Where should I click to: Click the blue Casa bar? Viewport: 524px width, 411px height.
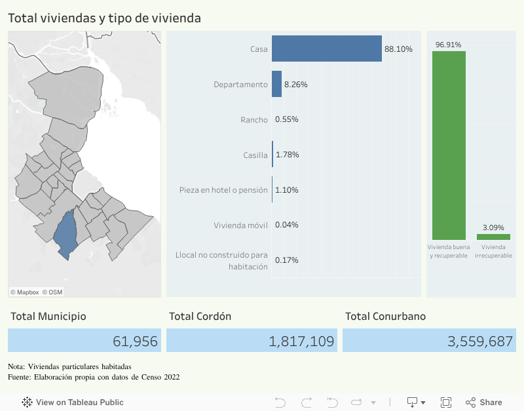point(326,49)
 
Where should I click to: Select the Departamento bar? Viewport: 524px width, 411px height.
point(276,85)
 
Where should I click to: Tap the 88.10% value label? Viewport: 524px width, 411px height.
point(399,49)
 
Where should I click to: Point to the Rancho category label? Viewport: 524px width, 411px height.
point(254,119)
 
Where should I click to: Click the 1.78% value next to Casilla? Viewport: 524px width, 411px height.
point(288,155)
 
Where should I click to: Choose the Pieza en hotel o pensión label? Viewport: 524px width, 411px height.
point(223,190)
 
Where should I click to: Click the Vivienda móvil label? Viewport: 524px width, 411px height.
point(240,225)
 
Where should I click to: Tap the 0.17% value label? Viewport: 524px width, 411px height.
point(287,260)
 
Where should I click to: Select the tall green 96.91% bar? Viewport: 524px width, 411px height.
point(449,145)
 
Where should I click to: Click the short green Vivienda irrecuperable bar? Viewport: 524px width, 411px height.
point(493,237)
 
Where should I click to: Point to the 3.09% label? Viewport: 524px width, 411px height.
point(493,227)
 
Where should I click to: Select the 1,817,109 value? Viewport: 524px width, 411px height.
point(301,341)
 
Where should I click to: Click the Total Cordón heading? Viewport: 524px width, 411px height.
point(200,316)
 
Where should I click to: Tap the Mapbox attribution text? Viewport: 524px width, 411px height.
point(25,292)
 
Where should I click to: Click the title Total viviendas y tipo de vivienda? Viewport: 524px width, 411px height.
point(104,18)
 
